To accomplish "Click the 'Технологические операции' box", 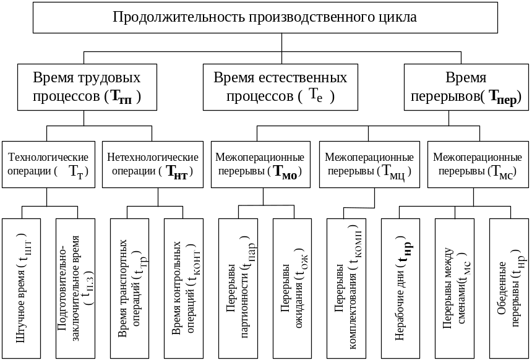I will coord(46,164).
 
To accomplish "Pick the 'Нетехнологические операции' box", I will coord(153,164).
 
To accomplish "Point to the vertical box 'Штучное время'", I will coord(22,288).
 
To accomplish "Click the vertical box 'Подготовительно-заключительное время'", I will coord(75,288).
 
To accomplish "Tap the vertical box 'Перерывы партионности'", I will coord(238,288).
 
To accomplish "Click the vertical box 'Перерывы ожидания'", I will coord(292,288).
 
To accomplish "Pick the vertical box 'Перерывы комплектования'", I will coord(346,288).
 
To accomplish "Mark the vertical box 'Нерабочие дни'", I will coord(400,288).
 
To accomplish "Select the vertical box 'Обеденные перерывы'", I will coord(508,288).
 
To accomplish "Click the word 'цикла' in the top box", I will coord(400,17).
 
